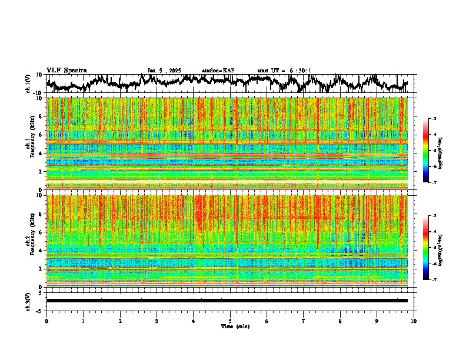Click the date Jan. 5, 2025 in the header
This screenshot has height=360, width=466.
click(x=166, y=71)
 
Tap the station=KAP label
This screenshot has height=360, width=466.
click(x=218, y=71)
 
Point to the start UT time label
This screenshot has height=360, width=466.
click(x=284, y=71)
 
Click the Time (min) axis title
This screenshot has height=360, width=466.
click(x=235, y=326)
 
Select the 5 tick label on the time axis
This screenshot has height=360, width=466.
click(x=230, y=321)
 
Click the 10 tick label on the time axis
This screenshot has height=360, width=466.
click(x=414, y=321)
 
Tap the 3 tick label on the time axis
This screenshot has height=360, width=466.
click(x=157, y=321)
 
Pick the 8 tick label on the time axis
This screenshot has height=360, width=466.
click(x=340, y=321)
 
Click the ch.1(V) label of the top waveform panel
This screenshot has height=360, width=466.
click(x=29, y=84)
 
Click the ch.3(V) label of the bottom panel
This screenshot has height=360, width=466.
click(x=29, y=301)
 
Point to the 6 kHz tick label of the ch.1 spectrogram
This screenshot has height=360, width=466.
click(x=40, y=135)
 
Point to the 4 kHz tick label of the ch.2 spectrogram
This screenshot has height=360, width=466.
click(x=40, y=250)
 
